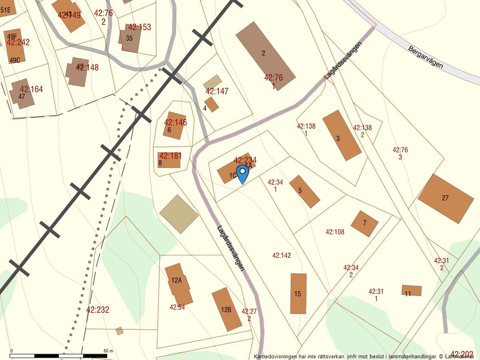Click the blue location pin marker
coord(242,173)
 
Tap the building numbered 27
coord(446,198)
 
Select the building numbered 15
coord(298,293)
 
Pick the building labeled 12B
coord(226,309)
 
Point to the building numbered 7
coord(365,223)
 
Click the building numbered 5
coord(304,191)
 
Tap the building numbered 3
coord(342,135)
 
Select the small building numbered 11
coord(411,290)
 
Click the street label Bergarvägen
coord(425,57)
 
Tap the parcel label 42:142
coord(282,255)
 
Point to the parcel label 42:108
coord(335,232)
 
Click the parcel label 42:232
coord(98,310)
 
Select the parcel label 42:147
coord(217,91)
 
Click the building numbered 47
coord(23,94)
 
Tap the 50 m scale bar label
coord(108,351)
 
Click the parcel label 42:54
coord(177,307)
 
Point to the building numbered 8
coord(169,160)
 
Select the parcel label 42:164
coord(31,89)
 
